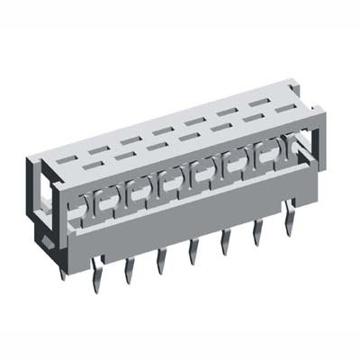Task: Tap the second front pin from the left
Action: coord(129,267)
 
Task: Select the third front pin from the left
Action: coord(161,260)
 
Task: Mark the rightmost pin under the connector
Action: coord(288,217)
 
